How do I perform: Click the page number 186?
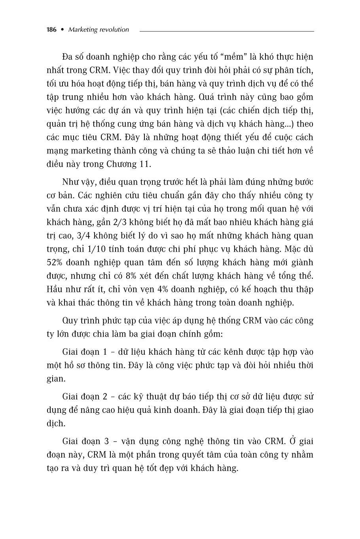[52, 30]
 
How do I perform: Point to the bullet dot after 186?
[62, 30]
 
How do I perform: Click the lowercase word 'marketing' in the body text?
[88, 151]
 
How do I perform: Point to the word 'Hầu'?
[54, 289]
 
